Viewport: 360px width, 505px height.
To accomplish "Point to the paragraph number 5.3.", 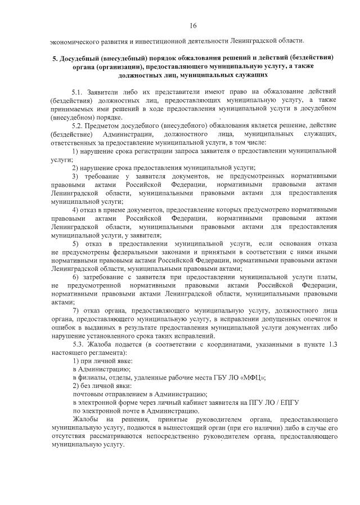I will tap(78, 344).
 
